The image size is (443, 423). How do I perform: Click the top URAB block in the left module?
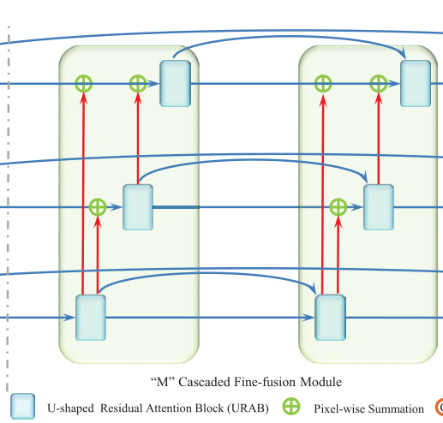tap(174, 84)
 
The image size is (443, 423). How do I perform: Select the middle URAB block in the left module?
tap(138, 206)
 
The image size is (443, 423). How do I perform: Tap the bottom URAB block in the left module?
tap(91, 318)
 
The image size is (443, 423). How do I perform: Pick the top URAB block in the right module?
tap(415, 84)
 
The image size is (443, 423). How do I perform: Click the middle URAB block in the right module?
tap(378, 206)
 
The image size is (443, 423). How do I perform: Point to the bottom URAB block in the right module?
tap(330, 318)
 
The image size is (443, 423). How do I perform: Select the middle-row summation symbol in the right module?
tap(338, 206)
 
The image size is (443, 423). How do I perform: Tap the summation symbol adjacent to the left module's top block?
tap(138, 84)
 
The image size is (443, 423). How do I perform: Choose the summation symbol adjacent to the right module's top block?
tap(378, 84)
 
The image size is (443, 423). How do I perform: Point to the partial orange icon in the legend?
tap(438, 408)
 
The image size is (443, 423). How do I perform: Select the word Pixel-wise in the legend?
tap(338, 409)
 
